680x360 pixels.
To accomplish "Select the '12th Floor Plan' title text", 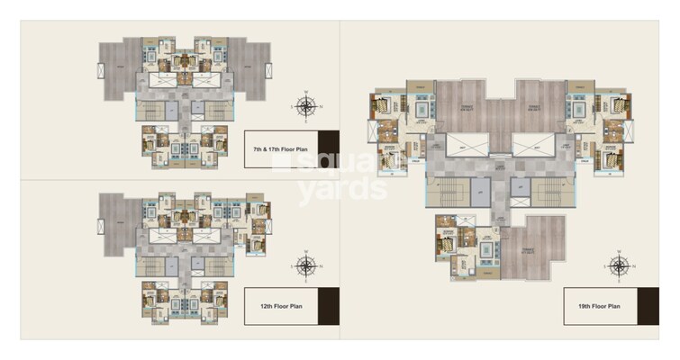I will [x=278, y=306].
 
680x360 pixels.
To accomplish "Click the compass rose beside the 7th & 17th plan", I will [x=306, y=107].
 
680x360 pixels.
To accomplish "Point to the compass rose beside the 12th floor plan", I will [x=306, y=265].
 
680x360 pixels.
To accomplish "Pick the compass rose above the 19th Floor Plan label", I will [x=619, y=265].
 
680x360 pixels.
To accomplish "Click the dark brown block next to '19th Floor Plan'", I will [x=648, y=306].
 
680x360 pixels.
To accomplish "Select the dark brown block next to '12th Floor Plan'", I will [x=329, y=306].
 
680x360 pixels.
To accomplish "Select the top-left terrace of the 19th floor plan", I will [x=460, y=106].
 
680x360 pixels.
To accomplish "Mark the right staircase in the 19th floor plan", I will [x=550, y=192].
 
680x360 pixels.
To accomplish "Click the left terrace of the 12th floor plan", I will [x=116, y=220].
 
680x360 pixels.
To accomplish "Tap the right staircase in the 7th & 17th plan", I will [x=217, y=111].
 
